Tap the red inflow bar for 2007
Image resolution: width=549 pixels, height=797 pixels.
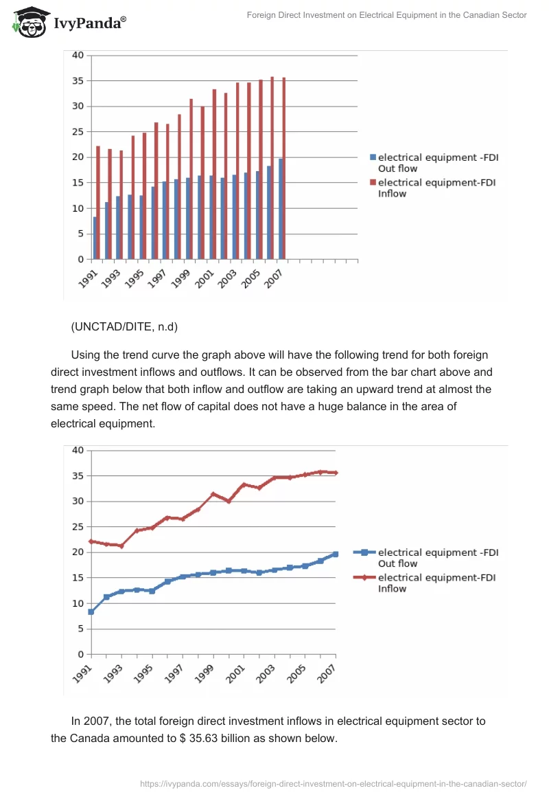pos(284,168)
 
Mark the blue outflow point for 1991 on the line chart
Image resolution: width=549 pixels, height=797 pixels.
pos(91,611)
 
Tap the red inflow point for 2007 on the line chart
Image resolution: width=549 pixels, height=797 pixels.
pos(336,473)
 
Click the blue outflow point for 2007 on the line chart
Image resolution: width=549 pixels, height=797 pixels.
pos(336,554)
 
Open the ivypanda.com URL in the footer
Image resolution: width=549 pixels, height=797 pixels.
pos(333,783)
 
